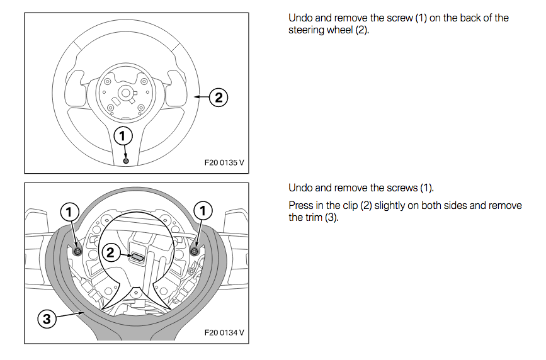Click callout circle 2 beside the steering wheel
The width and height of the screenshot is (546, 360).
click(218, 97)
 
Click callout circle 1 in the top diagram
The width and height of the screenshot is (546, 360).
click(123, 135)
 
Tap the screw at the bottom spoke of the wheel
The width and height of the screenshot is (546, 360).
click(126, 162)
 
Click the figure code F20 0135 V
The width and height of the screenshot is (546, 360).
click(224, 162)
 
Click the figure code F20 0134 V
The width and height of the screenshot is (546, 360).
click(224, 332)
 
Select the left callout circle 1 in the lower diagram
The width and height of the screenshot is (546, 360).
click(70, 210)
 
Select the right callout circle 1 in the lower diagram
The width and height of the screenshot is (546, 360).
click(203, 210)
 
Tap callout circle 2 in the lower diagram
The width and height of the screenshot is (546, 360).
click(110, 253)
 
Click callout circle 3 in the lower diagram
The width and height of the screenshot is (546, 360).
click(46, 319)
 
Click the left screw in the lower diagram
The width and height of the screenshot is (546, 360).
click(77, 251)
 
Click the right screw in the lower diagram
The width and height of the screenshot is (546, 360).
click(194, 251)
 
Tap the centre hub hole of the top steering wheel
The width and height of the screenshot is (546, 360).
click(125, 93)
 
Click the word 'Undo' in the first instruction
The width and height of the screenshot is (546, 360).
click(300, 18)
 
